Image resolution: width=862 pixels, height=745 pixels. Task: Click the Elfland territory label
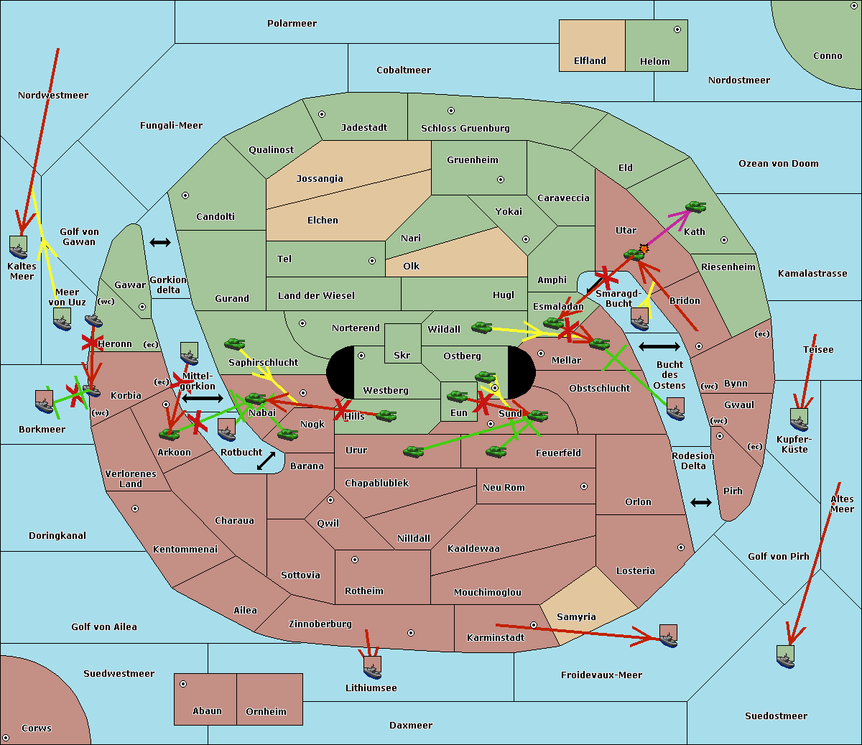click(590, 61)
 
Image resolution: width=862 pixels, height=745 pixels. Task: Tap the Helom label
click(654, 62)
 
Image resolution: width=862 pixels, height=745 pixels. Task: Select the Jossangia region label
click(320, 179)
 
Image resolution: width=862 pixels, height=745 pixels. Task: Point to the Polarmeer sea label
click(292, 24)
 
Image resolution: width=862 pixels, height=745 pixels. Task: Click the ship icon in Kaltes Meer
click(19, 246)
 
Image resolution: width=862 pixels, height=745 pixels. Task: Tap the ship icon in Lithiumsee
click(372, 667)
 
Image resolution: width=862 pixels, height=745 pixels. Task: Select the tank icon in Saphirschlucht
click(235, 344)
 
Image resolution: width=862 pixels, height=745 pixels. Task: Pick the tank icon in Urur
click(413, 451)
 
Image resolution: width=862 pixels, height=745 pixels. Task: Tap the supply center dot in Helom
click(677, 29)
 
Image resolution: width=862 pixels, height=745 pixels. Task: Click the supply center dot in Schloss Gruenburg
click(451, 111)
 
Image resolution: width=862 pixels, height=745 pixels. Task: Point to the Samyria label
click(576, 617)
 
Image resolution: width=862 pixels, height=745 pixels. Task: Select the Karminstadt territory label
click(496, 638)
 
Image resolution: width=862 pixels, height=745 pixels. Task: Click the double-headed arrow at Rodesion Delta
click(701, 502)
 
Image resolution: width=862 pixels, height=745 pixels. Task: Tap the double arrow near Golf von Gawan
click(160, 243)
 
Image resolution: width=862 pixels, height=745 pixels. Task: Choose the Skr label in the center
click(402, 355)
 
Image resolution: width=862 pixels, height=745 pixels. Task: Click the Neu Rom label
click(504, 488)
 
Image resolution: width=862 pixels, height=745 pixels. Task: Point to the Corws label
click(37, 728)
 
